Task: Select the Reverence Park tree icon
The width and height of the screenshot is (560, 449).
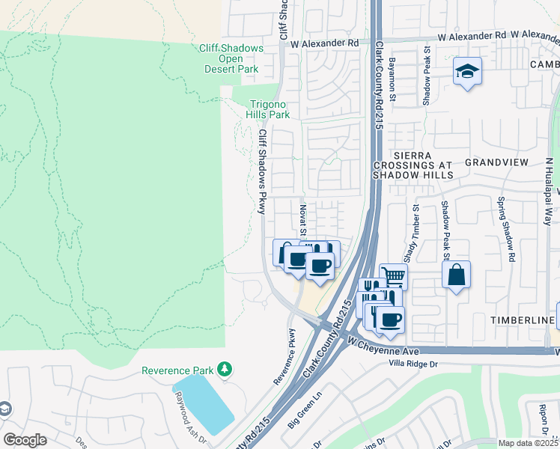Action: tap(224, 369)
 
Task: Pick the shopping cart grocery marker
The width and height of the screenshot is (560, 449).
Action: tap(393, 276)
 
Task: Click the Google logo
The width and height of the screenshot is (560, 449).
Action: tap(25, 440)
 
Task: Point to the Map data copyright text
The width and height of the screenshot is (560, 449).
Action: tap(529, 443)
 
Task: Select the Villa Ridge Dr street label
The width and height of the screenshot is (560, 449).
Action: tap(411, 364)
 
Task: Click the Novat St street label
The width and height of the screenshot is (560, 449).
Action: tap(302, 218)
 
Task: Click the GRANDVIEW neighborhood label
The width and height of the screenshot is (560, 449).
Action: tap(496, 162)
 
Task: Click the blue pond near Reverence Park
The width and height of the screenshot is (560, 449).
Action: tap(204, 403)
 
